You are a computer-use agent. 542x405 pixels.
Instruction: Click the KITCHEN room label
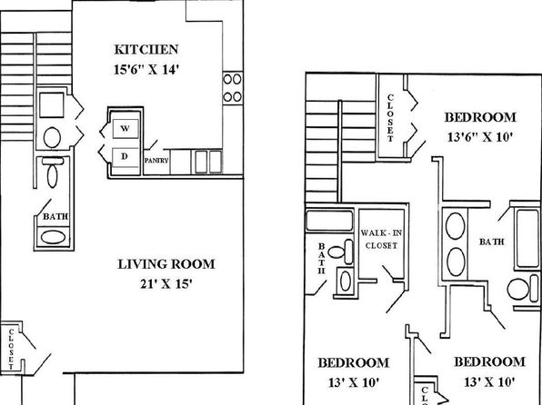click(146, 49)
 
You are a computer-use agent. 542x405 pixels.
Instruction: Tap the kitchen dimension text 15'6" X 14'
click(146, 70)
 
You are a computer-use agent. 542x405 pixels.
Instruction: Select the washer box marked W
click(125, 129)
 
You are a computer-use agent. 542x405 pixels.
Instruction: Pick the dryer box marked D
click(125, 157)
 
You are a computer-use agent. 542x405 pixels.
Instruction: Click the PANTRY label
click(156, 161)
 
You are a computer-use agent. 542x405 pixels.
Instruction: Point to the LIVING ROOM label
click(166, 264)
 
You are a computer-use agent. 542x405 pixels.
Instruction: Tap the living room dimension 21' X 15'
click(166, 284)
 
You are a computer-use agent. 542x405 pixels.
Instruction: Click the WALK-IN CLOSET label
click(381, 239)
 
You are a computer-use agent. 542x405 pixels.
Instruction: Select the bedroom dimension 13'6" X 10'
click(480, 137)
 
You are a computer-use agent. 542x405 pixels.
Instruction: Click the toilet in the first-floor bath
click(52, 173)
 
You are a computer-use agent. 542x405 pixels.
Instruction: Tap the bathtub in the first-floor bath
click(53, 237)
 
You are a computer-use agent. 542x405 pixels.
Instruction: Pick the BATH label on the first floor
click(55, 217)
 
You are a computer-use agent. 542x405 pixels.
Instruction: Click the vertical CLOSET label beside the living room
click(11, 349)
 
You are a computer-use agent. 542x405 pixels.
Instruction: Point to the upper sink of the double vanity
click(456, 226)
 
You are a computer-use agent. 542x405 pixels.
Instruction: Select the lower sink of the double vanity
click(456, 262)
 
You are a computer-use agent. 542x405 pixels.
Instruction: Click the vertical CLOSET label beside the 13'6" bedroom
click(390, 118)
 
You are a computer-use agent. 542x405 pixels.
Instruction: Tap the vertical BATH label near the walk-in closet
click(321, 258)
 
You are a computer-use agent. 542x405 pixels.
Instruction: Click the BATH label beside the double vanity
click(492, 242)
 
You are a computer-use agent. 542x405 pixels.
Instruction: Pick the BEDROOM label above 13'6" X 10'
click(480, 117)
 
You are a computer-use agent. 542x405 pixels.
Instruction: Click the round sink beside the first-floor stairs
click(52, 137)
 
